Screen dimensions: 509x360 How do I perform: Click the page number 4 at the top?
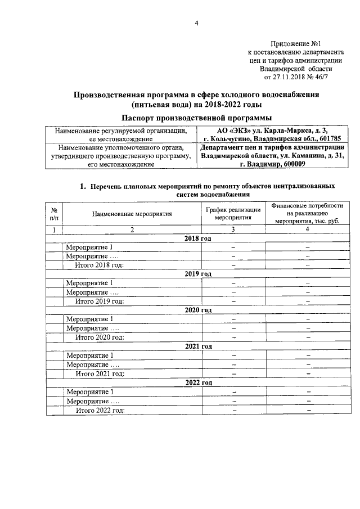coord(197,23)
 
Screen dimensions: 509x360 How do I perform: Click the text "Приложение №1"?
coord(295,43)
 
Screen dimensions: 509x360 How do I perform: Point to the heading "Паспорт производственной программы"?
coord(197,118)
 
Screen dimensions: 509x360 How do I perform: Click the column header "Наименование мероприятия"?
coord(133,213)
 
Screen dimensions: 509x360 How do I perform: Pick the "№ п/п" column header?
coord(54,213)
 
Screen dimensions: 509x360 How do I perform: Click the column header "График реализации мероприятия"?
coord(233,213)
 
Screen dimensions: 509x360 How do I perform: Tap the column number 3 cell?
coord(233,229)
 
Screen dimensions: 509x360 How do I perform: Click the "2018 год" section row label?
coord(197,238)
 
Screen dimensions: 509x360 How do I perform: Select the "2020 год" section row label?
coord(197,309)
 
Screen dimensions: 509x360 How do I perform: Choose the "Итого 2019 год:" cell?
coord(100,301)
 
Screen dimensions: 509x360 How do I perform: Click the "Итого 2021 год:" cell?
coord(100,373)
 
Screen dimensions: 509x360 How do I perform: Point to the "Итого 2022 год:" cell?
coord(100,409)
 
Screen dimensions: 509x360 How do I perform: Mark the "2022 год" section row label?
coord(197,382)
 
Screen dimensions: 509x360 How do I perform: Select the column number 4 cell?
coord(307,229)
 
